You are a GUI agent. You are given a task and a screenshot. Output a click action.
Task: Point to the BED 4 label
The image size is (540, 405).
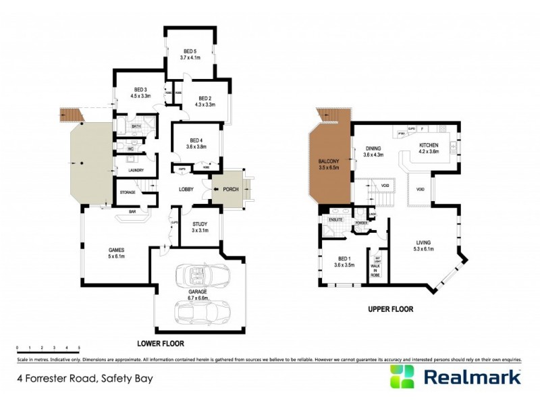click(x=196, y=140)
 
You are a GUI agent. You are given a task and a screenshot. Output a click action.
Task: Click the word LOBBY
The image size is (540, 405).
click(x=187, y=190)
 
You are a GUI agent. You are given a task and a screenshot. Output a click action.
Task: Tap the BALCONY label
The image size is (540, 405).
click(x=329, y=161)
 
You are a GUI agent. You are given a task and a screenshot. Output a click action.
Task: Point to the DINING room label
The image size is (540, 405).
click(x=373, y=148)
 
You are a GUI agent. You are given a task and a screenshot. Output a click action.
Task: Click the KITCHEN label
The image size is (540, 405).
click(x=429, y=145)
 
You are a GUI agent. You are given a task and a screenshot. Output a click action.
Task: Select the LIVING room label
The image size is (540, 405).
click(x=424, y=242)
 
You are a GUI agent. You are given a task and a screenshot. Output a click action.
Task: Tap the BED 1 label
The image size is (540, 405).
click(x=344, y=260)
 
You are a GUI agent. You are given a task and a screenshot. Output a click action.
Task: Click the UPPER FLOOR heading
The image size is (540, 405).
click(x=390, y=309)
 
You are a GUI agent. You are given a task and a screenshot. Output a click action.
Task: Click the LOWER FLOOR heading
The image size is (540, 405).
click(x=161, y=343)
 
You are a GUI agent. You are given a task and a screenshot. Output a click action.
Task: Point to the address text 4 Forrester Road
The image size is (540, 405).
click(x=86, y=378)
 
